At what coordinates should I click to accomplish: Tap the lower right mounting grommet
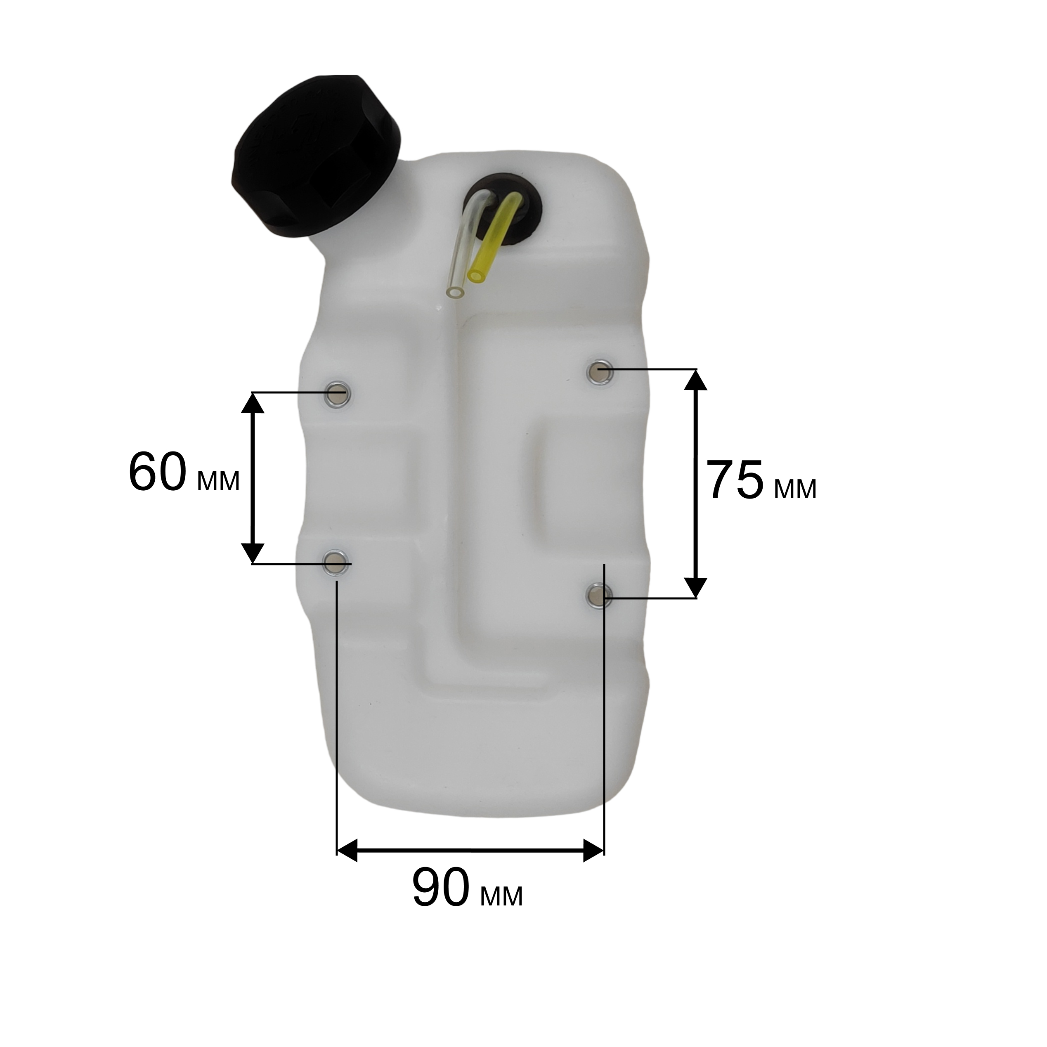(x=599, y=596)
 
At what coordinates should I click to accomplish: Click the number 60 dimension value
(x=158, y=473)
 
